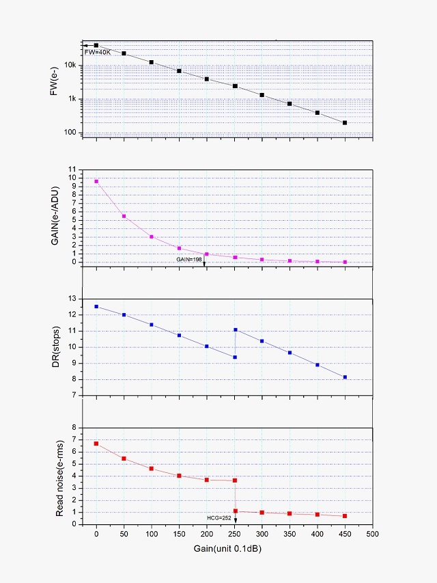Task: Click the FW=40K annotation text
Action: click(97, 52)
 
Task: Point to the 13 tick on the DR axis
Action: click(76, 299)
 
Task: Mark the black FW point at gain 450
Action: click(345, 123)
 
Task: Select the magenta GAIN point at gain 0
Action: click(96, 181)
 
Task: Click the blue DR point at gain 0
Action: click(96, 307)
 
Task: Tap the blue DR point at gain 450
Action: click(345, 377)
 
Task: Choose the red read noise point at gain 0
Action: click(96, 444)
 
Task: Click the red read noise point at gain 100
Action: click(152, 468)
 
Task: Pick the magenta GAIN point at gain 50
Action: click(124, 216)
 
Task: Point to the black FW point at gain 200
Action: click(207, 79)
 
